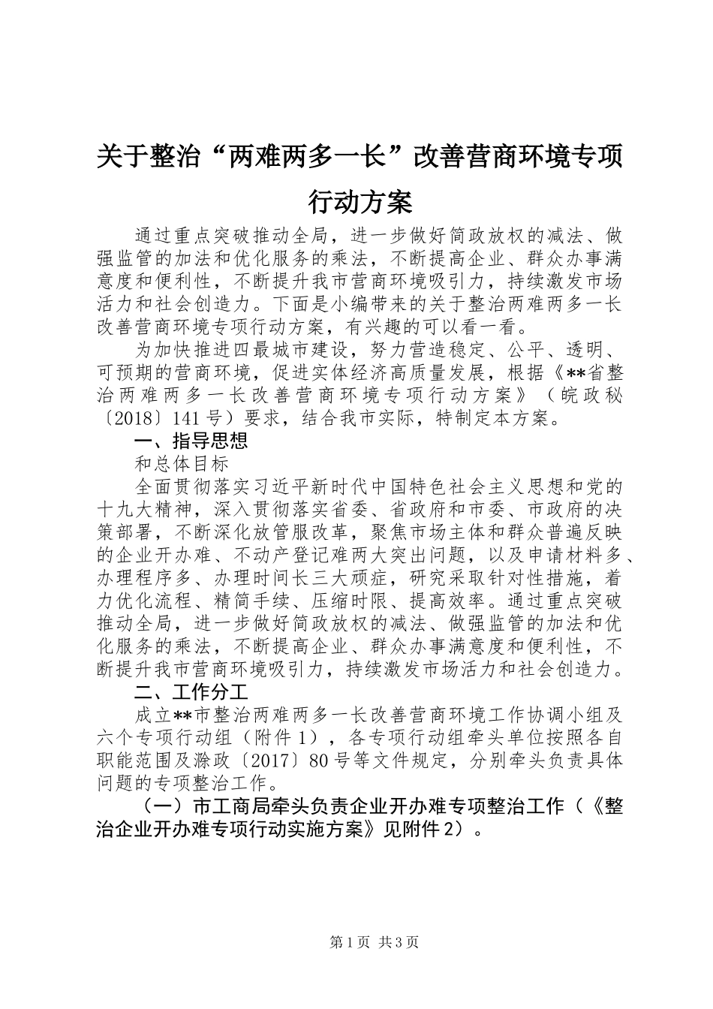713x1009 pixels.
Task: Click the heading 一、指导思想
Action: pyautogui.click(x=191, y=441)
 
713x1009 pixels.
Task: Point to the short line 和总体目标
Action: pyautogui.click(x=181, y=464)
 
